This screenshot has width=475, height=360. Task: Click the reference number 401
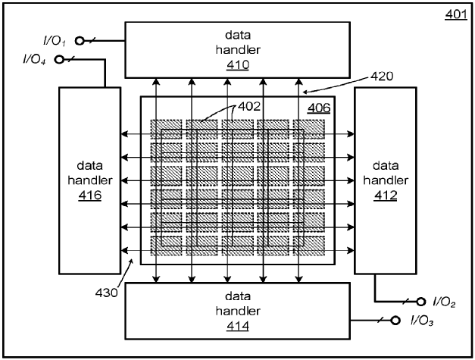pos(455,13)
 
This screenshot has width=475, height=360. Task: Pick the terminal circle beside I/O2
pos(413,302)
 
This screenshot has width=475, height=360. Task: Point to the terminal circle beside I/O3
pos(393,320)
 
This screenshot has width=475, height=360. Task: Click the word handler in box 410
pos(237,50)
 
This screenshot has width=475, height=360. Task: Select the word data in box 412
pos(385,164)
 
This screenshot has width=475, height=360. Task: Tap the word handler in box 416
pos(90,180)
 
